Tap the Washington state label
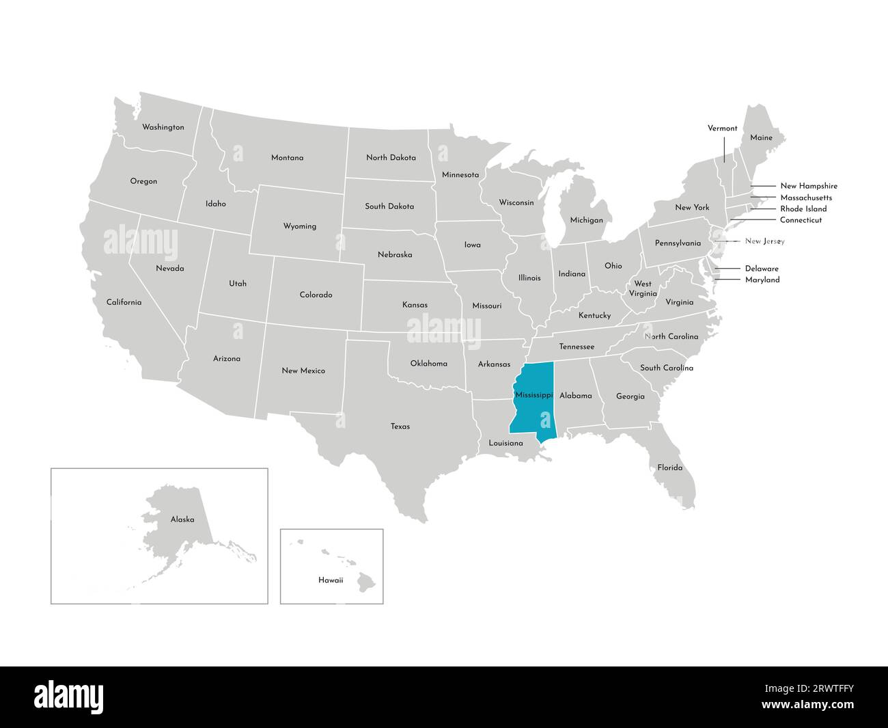(x=163, y=127)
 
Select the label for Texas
(x=400, y=427)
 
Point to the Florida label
(x=669, y=468)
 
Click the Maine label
(x=761, y=137)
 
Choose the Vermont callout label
(x=722, y=128)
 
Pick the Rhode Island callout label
(x=803, y=208)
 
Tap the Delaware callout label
(x=762, y=269)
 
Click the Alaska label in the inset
(x=182, y=520)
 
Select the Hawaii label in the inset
(x=331, y=580)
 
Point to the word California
(x=124, y=302)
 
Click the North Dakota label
(x=391, y=157)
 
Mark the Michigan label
(x=587, y=220)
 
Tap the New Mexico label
(x=303, y=370)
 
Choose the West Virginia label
(x=643, y=288)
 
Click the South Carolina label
(x=666, y=368)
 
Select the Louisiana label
(x=505, y=443)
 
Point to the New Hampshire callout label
(x=809, y=186)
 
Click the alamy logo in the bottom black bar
(x=69, y=696)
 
